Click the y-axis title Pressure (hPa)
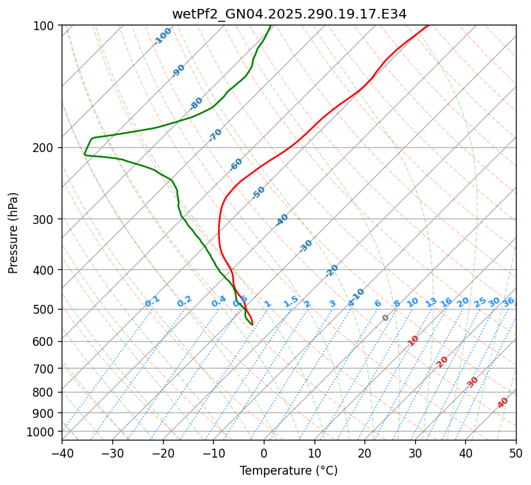click(x=14, y=232)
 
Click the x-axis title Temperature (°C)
click(x=288, y=471)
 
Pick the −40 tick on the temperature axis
click(x=62, y=453)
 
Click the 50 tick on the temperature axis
click(x=516, y=453)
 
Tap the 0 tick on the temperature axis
click(x=264, y=453)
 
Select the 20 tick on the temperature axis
click(x=365, y=453)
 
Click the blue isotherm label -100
click(x=162, y=36)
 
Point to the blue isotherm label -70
click(x=215, y=135)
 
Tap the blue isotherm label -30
click(x=306, y=246)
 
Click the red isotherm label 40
click(x=503, y=403)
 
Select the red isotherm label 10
click(x=413, y=340)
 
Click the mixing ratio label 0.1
click(x=152, y=301)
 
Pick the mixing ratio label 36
click(x=508, y=301)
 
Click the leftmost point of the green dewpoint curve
click(x=84, y=153)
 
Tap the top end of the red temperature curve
click(x=429, y=25)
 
